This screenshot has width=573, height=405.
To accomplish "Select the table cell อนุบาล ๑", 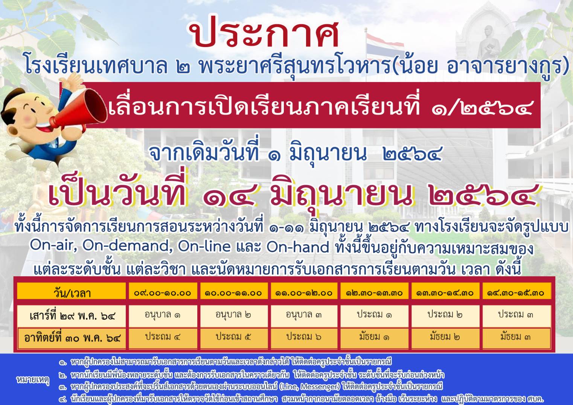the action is [x=162, y=315].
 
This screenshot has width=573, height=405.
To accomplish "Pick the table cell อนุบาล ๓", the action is [x=304, y=315].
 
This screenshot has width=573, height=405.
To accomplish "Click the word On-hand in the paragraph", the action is [x=297, y=246].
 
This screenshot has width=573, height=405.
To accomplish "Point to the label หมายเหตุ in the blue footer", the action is [x=32, y=380].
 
